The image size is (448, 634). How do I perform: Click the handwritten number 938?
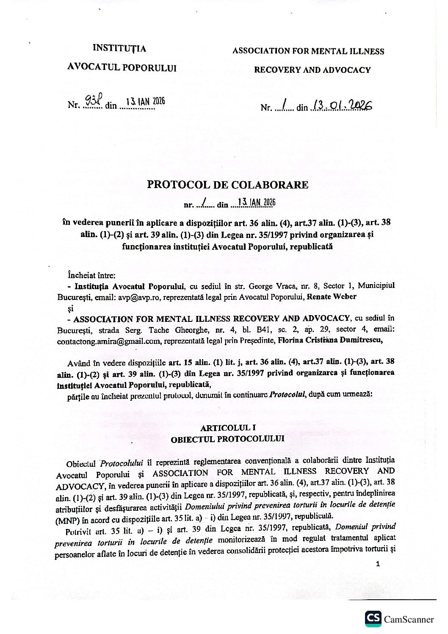(90, 101)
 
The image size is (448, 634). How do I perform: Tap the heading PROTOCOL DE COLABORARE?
(227, 185)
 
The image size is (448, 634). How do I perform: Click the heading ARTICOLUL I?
(228, 428)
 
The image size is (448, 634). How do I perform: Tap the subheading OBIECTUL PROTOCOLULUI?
(227, 439)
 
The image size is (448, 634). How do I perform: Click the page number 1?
(378, 564)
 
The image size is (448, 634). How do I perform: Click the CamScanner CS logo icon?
(373, 619)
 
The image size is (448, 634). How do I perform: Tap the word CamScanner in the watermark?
(409, 620)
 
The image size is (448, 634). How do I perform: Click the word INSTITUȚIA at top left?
(119, 49)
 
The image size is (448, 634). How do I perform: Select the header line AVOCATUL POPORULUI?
(122, 68)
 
